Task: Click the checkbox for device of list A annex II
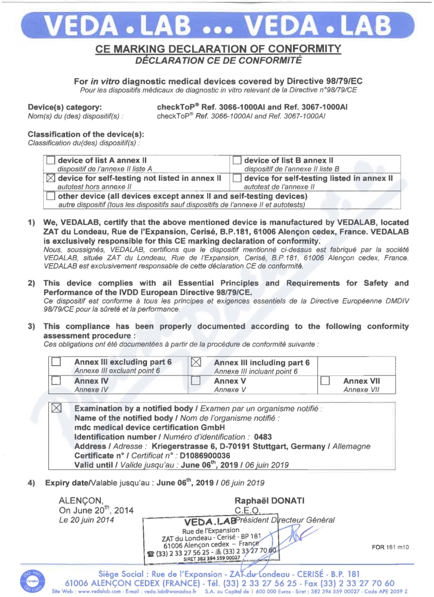click(51, 161)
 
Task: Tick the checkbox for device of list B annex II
click(237, 161)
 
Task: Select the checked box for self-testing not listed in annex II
click(51, 178)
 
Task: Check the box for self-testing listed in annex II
click(237, 178)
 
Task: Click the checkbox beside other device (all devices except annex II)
click(51, 195)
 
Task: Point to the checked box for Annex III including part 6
click(197, 362)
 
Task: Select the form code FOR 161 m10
click(390, 547)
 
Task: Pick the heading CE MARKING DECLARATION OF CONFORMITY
click(218, 49)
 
